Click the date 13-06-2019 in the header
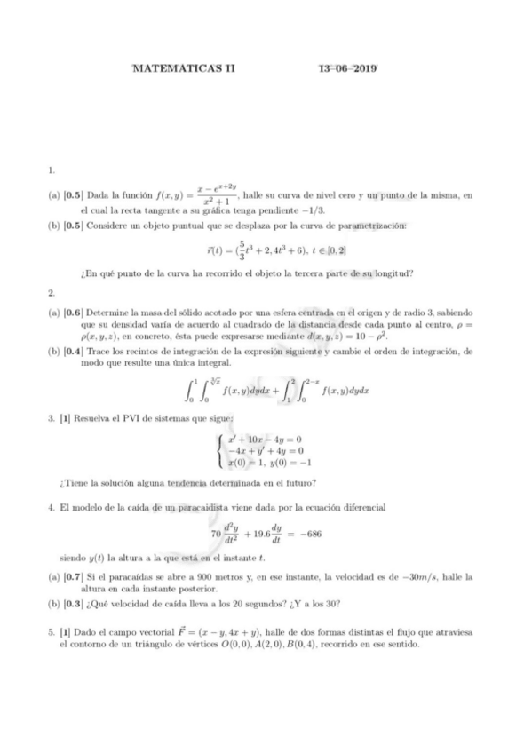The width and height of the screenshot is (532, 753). [x=347, y=68]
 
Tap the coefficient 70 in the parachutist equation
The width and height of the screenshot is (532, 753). [x=215, y=535]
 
